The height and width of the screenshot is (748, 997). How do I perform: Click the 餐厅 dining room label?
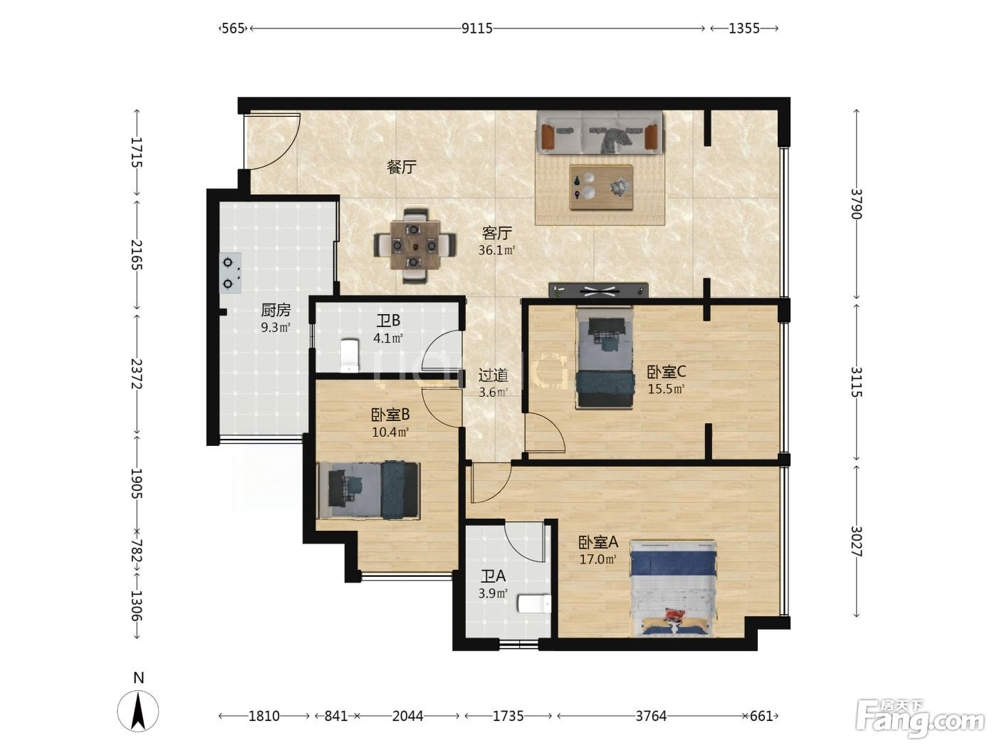coord(402,167)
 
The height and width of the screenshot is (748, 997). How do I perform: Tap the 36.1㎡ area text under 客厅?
coord(496,250)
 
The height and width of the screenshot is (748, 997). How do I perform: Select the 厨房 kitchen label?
coord(276,310)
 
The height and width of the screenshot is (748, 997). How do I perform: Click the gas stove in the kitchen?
coord(231,274)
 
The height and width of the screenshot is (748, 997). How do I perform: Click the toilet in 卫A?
coord(534,604)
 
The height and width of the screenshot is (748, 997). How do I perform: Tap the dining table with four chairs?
coord(415,246)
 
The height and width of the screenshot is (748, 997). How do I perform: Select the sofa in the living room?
coord(600,133)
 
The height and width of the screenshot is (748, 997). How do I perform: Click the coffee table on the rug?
coord(601,187)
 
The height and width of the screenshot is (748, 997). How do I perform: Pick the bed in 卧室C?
coord(605,358)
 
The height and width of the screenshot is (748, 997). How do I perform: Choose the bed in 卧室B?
coord(369,491)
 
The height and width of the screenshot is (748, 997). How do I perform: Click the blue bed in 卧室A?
coord(673,588)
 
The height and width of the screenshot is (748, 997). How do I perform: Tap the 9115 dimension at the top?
coord(477,28)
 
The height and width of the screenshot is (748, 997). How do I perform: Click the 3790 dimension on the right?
coord(856,204)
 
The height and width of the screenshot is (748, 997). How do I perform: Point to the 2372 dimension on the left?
coord(137,374)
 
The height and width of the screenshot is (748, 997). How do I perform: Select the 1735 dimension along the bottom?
coord(508,716)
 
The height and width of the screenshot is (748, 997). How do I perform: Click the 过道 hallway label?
coord(494,375)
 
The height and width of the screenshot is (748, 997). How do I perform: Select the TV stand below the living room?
coord(598,290)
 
